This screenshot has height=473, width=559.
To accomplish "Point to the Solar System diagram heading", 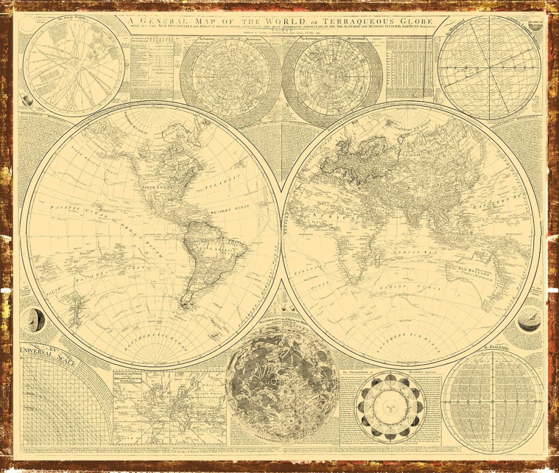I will [x=71, y=18].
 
